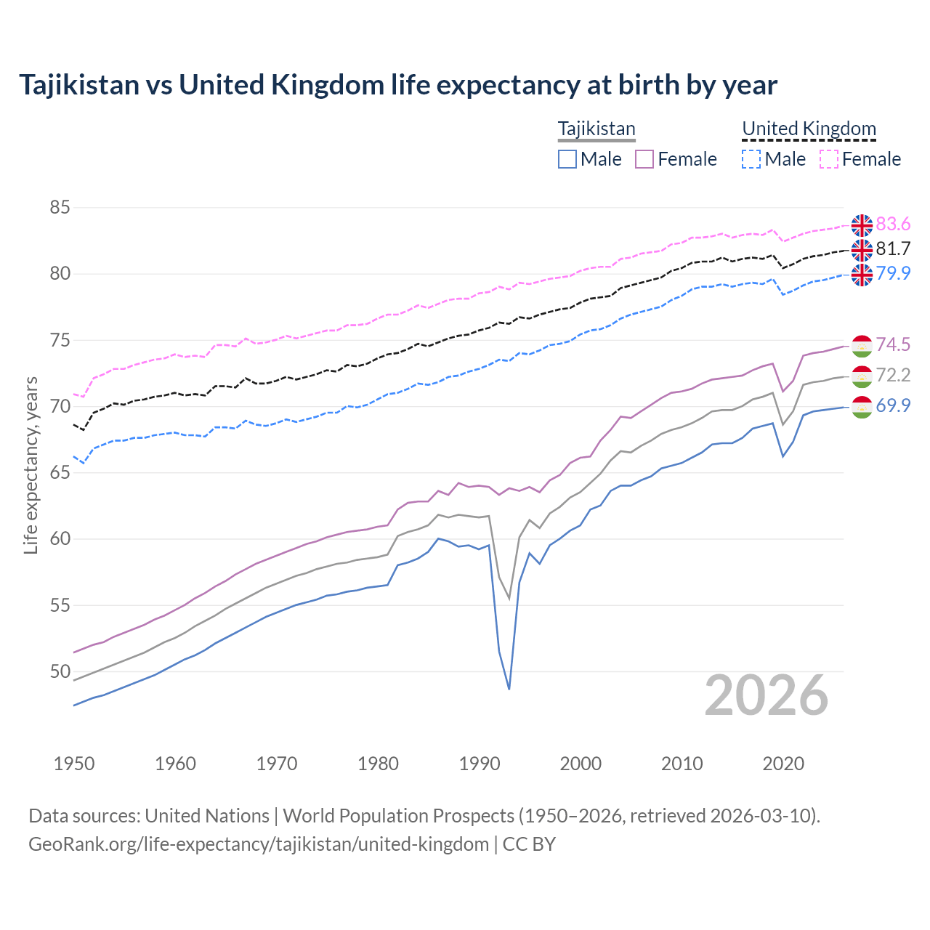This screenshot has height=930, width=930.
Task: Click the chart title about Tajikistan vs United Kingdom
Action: point(397,85)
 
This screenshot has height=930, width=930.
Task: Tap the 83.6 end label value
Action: point(893,224)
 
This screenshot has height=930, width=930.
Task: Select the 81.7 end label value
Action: point(893,248)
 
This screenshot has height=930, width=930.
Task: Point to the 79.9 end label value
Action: point(893,273)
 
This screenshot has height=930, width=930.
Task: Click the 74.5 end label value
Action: point(893,344)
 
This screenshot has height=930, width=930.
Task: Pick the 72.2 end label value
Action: point(893,375)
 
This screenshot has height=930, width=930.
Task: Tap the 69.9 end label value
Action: point(893,405)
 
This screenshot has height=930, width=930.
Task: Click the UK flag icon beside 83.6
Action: point(862,225)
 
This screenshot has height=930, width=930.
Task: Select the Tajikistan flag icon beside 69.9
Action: point(862,407)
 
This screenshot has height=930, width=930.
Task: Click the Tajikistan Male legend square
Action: point(567,159)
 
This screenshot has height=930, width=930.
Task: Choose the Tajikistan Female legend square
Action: point(644,159)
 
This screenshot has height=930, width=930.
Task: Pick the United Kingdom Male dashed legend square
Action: point(751,159)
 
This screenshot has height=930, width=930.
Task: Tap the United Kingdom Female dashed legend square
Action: point(829,159)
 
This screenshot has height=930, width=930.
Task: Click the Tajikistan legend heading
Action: point(597,129)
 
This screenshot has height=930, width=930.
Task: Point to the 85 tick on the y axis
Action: point(60,208)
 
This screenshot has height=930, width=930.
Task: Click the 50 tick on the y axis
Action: point(60,671)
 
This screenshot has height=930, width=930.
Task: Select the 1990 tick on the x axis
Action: point(480,764)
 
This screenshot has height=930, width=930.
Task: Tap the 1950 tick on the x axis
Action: point(74,764)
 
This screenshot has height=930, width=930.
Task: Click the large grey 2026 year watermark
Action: point(767,695)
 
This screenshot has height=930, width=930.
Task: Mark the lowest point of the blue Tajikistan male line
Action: point(509,689)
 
